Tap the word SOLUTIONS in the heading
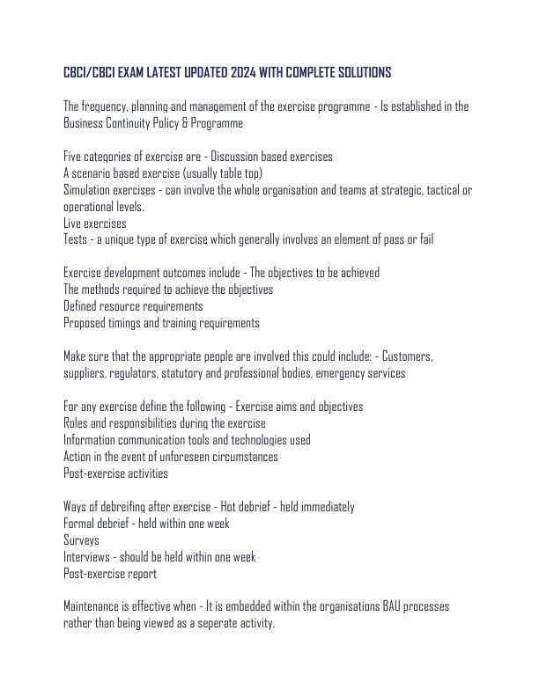pos(358,71)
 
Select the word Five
pos(73,157)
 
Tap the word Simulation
pos(88,190)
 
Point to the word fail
pos(422,239)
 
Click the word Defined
pos(82,306)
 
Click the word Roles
pos(77,423)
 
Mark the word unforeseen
pos(184,457)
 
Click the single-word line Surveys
pos(81,540)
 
